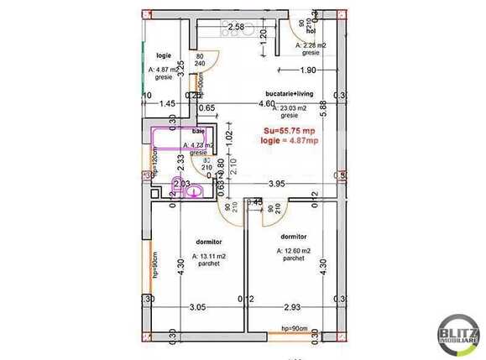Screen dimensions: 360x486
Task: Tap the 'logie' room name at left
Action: pos(164,55)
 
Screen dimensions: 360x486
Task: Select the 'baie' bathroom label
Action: pos(198,132)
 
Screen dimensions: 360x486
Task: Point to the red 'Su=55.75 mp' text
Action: pos(290,130)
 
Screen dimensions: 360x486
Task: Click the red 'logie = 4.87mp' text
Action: pos(290,140)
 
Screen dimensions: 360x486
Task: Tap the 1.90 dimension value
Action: pos(308,70)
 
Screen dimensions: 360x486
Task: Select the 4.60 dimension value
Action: pos(266,104)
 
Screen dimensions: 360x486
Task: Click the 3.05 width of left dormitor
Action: pos(198,308)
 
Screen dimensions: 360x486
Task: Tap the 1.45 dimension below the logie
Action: pos(168,103)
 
